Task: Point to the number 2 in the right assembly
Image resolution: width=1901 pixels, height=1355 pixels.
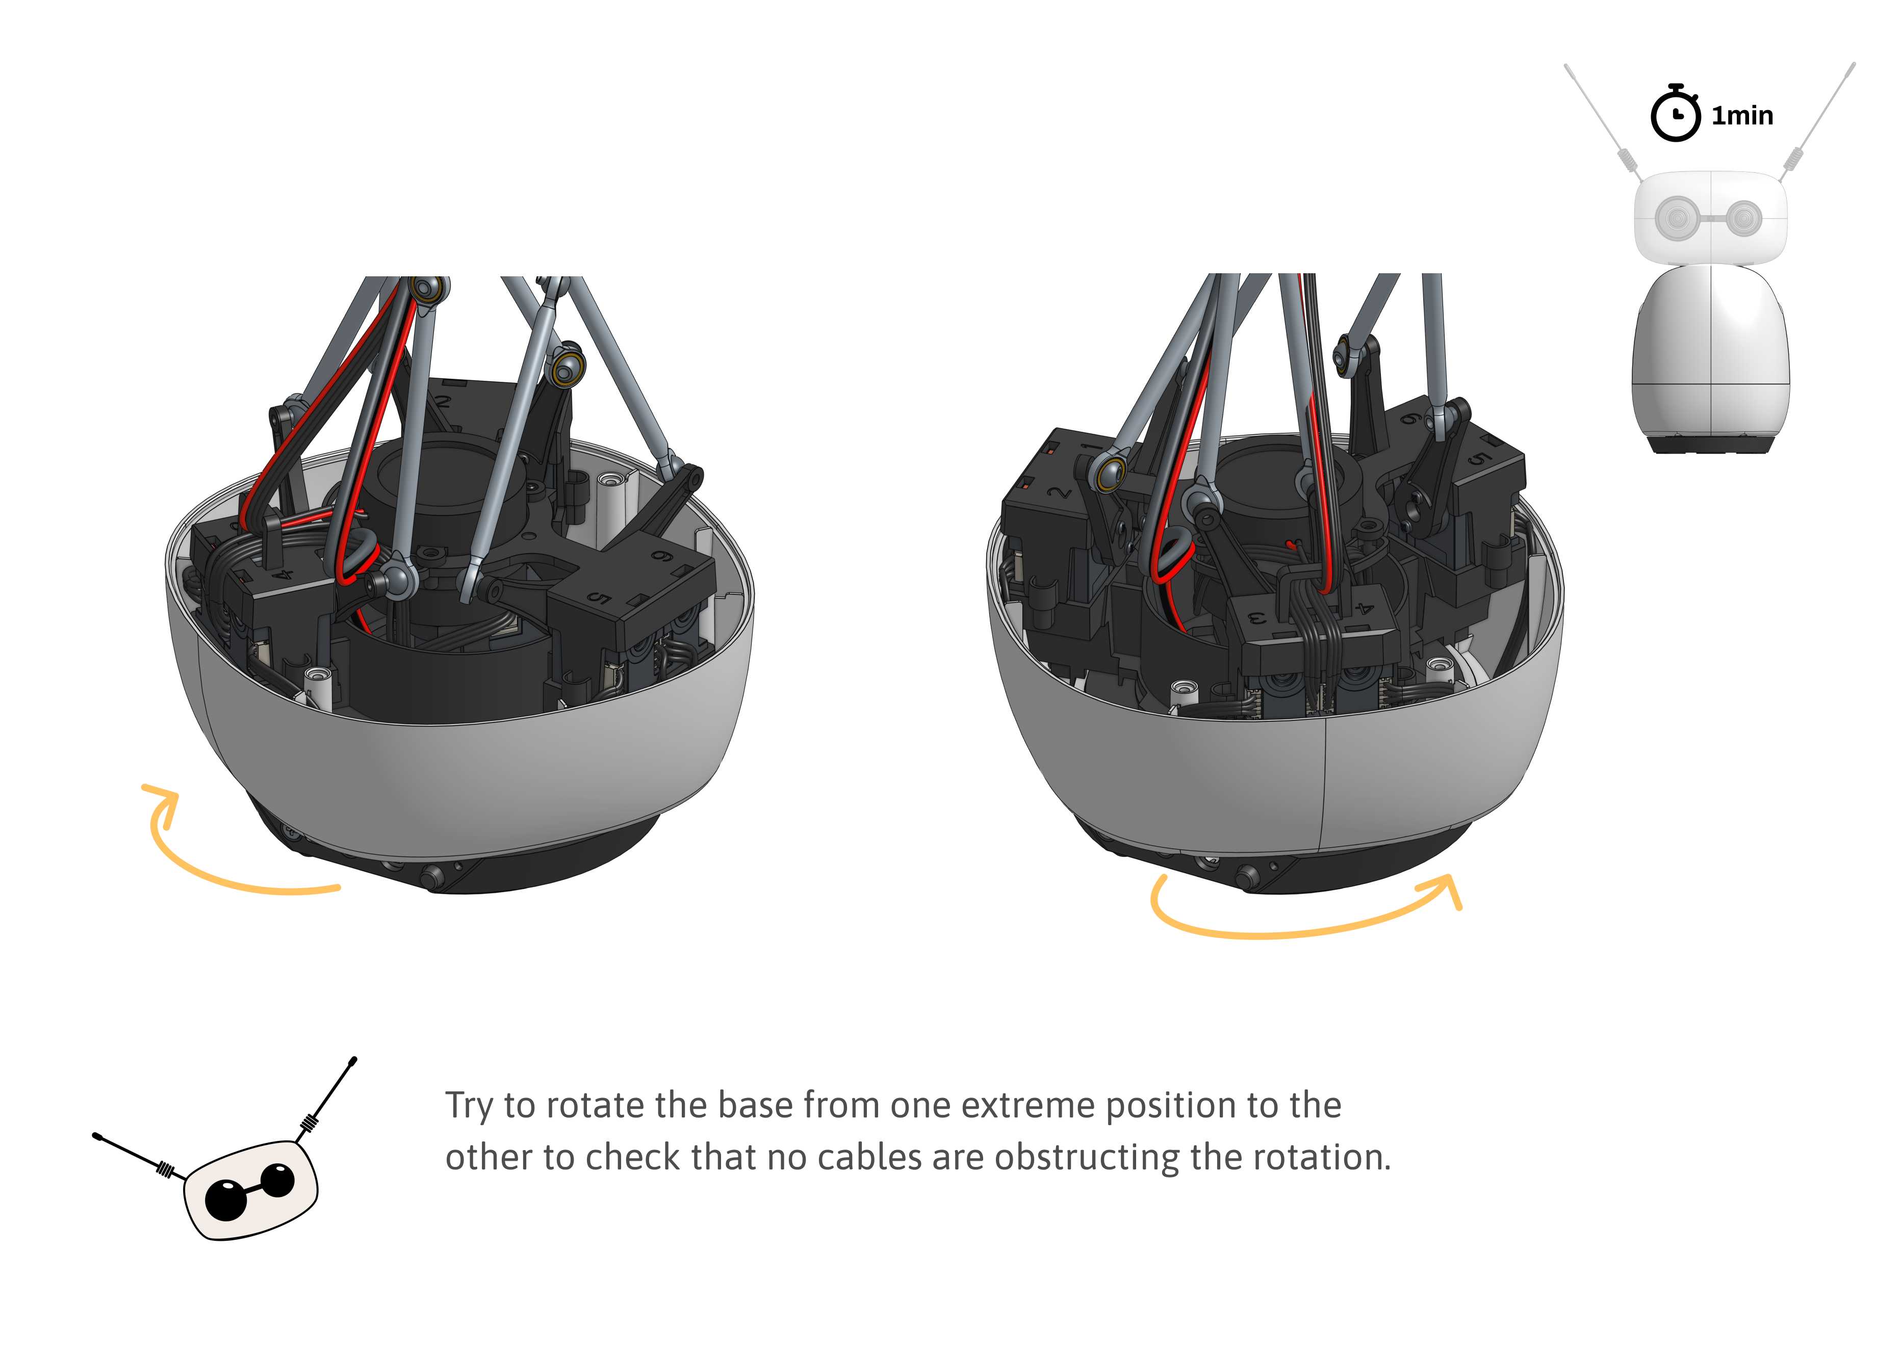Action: [1061, 492]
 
